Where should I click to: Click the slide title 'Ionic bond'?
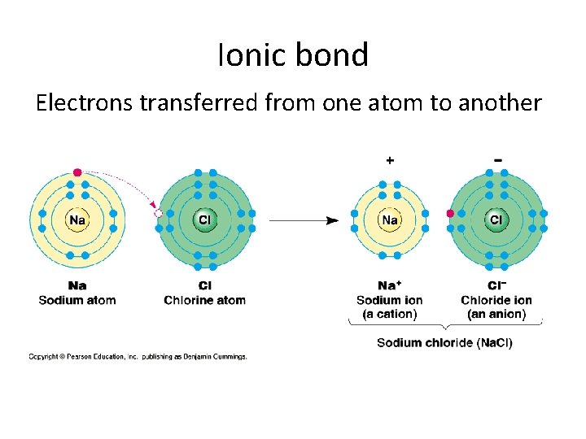[x=293, y=54]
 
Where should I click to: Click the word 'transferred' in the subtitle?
[x=221, y=102]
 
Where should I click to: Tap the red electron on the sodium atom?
[x=77, y=172]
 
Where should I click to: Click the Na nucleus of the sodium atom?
[x=77, y=219]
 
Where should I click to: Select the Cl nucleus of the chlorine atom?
[x=204, y=219]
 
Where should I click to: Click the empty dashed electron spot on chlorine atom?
[x=159, y=213]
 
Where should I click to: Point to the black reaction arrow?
[x=304, y=219]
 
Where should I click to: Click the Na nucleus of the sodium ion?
[x=390, y=219]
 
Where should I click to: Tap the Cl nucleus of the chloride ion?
[x=496, y=219]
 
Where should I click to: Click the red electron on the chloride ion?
[x=450, y=214]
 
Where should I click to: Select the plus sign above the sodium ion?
[x=390, y=161]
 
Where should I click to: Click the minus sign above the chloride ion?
[x=497, y=160]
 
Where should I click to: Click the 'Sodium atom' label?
[x=77, y=300]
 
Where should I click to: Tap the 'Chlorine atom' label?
[x=204, y=300]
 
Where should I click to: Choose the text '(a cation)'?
[x=390, y=314]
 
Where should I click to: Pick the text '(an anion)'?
[x=496, y=314]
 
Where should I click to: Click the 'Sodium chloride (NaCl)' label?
[x=444, y=342]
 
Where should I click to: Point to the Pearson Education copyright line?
[x=138, y=356]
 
